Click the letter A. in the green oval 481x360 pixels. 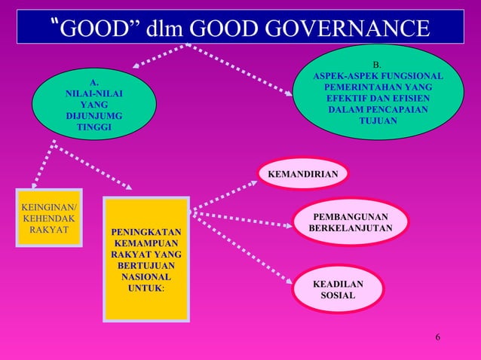pos(93,81)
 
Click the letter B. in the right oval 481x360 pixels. pos(378,65)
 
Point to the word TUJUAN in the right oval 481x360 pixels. pos(378,121)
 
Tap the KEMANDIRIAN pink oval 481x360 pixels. pos(303,175)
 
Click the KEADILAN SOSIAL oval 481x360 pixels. pos(338,290)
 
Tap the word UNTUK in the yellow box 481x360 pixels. pos(145,288)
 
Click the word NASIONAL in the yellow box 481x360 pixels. pos(146,277)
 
